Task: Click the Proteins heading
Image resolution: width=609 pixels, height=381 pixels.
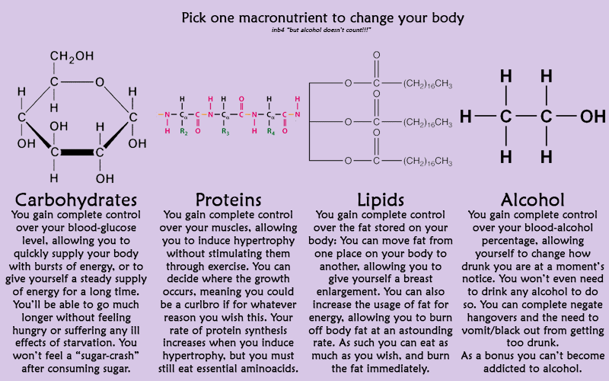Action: [x=228, y=200]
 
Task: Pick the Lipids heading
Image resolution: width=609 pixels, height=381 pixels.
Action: [x=378, y=200]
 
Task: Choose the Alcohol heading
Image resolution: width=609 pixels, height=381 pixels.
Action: [x=532, y=200]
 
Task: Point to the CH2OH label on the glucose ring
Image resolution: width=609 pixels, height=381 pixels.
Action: [x=72, y=56]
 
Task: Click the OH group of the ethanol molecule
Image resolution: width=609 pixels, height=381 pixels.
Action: [x=591, y=117]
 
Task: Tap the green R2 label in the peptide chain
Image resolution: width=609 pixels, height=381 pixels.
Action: [x=183, y=130]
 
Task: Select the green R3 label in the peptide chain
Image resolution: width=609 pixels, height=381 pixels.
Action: [x=225, y=130]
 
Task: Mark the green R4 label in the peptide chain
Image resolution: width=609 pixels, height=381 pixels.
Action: [x=270, y=130]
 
